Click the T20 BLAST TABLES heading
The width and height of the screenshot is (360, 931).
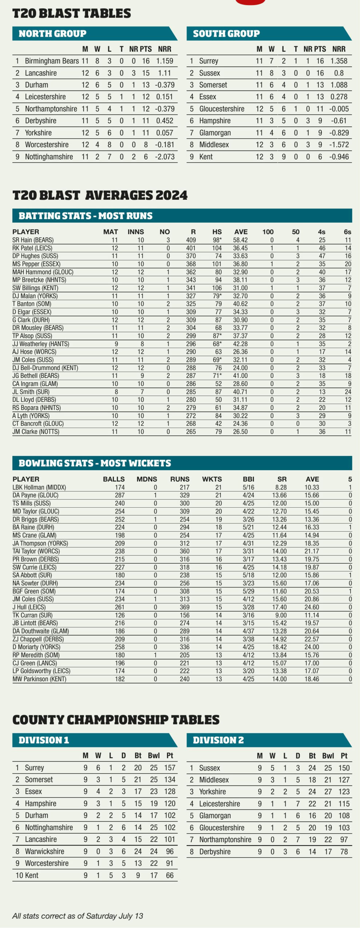pyautogui.click(x=72, y=13)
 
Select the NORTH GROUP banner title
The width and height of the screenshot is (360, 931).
pyautogui.click(x=52, y=34)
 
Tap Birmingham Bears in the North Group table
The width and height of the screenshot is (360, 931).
pyautogui.click(x=52, y=61)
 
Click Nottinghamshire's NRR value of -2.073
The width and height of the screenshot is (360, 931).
pyautogui.click(x=164, y=157)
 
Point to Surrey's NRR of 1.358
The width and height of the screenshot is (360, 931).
pyautogui.click(x=339, y=61)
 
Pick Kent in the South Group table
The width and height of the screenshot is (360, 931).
pyautogui.click(x=206, y=157)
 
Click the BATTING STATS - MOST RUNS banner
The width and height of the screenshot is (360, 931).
pyautogui.click(x=85, y=216)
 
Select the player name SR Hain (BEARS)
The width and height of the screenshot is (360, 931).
pyautogui.click(x=33, y=240)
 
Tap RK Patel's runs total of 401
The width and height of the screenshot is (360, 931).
pyautogui.click(x=191, y=248)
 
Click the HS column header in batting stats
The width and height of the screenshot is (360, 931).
pyautogui.click(x=217, y=232)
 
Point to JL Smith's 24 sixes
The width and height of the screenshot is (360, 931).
pyautogui.click(x=348, y=392)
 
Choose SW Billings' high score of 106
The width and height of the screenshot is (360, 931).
pyautogui.click(x=217, y=288)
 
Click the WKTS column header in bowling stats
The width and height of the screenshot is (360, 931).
pyautogui.click(x=212, y=479)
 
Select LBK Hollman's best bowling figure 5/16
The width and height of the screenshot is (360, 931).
pyautogui.click(x=248, y=487)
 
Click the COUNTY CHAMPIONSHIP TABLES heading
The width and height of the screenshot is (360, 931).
pyautogui.click(x=116, y=720)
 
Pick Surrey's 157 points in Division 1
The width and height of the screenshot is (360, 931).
pyautogui.click(x=169, y=768)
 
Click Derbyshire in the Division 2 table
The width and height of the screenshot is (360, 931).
pyautogui.click(x=215, y=851)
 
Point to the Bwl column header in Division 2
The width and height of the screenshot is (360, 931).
pyautogui.click(x=328, y=756)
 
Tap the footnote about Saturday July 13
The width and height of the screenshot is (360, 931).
pyautogui.click(x=77, y=916)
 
